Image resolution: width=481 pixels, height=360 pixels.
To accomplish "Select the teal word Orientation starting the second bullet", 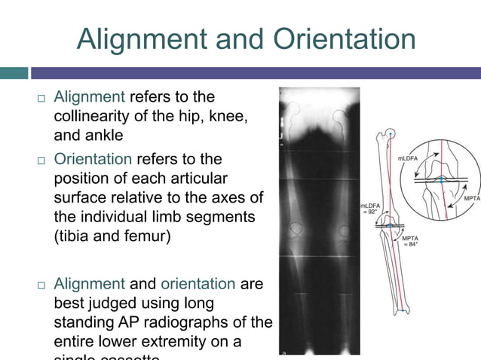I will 93,160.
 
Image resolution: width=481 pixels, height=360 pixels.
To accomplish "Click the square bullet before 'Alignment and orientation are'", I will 40,285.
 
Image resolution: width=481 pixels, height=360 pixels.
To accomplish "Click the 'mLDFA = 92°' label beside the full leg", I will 369,209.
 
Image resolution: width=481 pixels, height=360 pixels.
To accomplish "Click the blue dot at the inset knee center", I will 442,181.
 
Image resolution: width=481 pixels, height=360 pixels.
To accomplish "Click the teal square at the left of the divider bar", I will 14,73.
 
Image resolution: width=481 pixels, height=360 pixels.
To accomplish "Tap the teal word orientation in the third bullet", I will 205,284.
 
